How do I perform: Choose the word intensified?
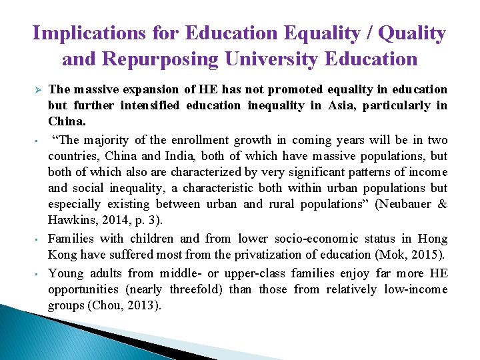point(153,106)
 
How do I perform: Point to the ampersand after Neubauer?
point(442,205)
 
